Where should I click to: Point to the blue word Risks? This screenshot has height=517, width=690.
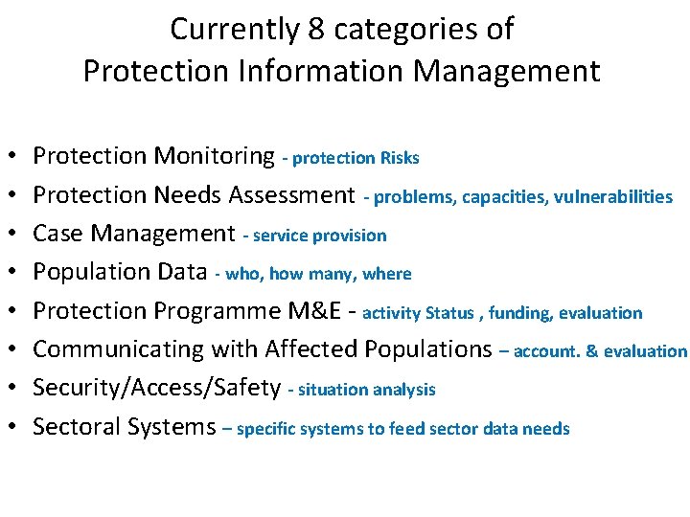400,158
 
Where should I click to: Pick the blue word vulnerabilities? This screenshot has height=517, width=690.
617,197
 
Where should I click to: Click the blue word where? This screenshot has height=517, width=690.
387,275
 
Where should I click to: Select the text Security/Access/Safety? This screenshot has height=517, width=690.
156,388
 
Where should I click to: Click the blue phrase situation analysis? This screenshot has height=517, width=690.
367,390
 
